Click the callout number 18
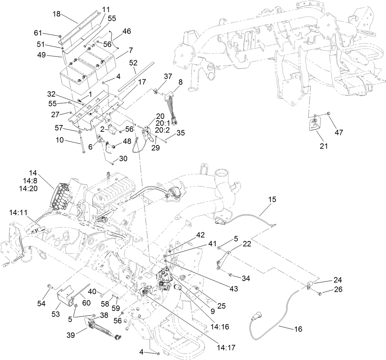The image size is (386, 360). [57, 14]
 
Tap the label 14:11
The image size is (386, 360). [19, 213]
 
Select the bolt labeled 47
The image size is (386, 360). [329, 113]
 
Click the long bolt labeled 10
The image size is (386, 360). [81, 143]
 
